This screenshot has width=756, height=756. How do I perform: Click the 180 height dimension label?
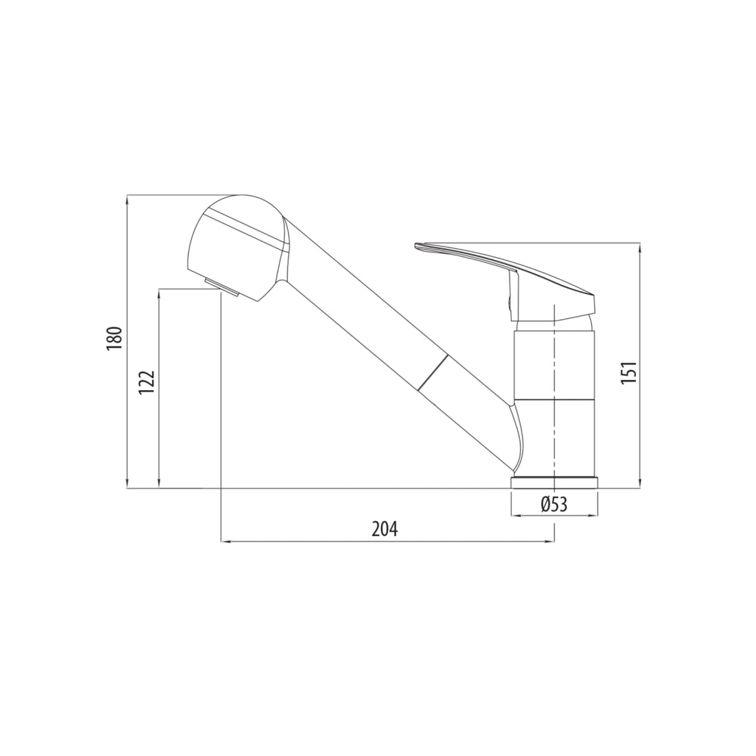pos(115,339)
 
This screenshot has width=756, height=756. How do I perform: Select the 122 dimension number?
pos(147,383)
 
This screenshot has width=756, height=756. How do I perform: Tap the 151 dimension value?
pos(629,373)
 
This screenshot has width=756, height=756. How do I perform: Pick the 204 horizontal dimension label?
pos(385,529)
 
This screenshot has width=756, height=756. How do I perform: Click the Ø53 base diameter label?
pos(554,504)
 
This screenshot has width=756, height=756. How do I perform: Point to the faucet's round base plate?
pos(554,482)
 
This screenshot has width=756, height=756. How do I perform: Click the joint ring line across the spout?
pos(433,370)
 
